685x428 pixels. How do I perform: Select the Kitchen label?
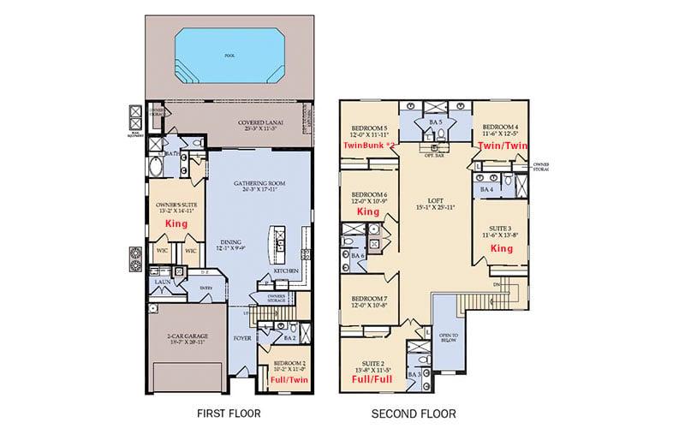pos(285,269)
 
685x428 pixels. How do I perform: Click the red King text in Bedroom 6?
pos(368,211)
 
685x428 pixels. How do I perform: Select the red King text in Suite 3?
pos(500,247)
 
